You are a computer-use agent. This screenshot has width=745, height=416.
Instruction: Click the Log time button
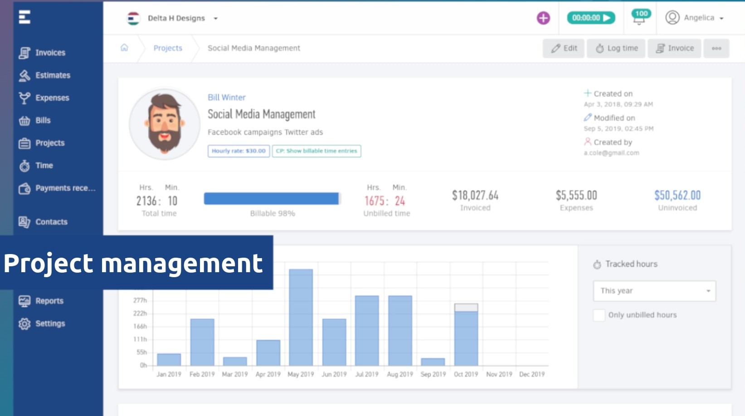(x=616, y=48)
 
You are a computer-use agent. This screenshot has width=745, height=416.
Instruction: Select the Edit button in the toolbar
(x=564, y=48)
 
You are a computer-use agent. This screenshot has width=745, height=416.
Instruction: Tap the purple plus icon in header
(x=543, y=18)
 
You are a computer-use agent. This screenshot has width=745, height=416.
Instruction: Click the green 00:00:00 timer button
(x=591, y=18)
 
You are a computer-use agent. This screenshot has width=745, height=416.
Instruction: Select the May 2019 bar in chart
(x=301, y=317)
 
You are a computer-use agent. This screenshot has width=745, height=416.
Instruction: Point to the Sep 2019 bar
(x=433, y=362)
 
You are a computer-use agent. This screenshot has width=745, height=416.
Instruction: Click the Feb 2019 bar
(x=202, y=342)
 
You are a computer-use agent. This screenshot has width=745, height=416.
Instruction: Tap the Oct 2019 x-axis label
(x=466, y=374)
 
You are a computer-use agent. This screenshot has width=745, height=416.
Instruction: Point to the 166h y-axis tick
(x=140, y=326)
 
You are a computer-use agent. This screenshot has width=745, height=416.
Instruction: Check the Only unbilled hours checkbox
(x=599, y=315)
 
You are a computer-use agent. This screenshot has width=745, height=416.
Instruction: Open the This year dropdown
(x=654, y=291)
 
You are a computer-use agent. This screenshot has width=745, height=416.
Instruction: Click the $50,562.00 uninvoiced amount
(x=677, y=196)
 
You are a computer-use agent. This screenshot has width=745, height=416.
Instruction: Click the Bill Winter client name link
(x=226, y=97)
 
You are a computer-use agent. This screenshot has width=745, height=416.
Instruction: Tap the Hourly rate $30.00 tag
(x=239, y=151)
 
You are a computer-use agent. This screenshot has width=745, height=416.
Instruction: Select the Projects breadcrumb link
(x=168, y=48)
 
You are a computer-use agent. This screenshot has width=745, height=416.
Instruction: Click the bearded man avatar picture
(x=165, y=124)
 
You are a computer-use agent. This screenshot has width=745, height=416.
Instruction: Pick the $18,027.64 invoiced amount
(x=475, y=196)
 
